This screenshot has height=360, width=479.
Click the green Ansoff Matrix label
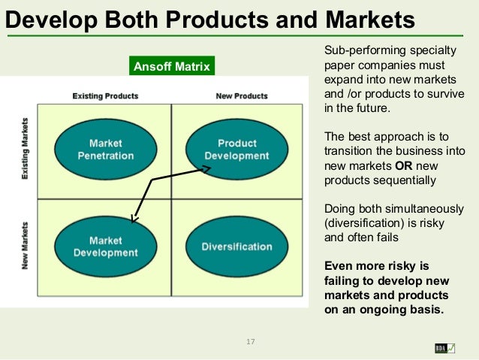172,68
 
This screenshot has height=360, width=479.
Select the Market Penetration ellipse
106,149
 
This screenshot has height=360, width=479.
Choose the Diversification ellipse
236,247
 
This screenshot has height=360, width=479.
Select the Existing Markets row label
26,149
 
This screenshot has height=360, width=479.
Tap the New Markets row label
26,246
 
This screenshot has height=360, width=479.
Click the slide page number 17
251,343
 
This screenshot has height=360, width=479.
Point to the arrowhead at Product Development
207,170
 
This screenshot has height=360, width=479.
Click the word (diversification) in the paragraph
365,222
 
